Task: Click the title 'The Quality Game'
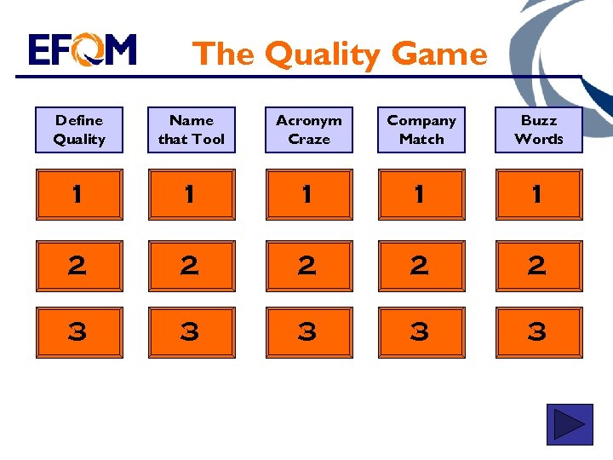coord(341,54)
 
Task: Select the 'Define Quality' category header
coord(79,130)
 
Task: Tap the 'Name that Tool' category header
coord(192,130)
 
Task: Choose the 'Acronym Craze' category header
coord(308,130)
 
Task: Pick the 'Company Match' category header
coord(421,130)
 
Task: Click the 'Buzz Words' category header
coord(539,130)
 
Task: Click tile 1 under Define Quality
coord(79,194)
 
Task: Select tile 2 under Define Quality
coord(79,266)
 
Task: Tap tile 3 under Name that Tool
coord(192,332)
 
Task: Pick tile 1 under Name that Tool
coord(192,194)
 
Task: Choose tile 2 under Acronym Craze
coord(308,266)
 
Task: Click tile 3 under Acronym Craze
coord(308,332)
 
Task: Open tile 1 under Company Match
coord(421,194)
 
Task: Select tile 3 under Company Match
coord(421,332)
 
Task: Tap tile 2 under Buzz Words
coord(539,266)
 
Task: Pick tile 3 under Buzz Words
coord(539,332)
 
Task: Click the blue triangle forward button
coord(569,424)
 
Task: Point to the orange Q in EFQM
coord(88,50)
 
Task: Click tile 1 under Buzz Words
coord(539,194)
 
